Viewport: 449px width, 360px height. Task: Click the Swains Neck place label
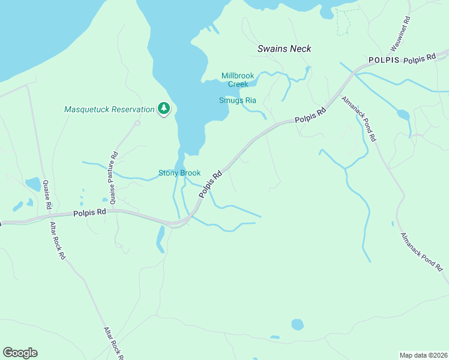284,49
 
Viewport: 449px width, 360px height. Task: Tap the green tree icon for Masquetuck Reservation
163,109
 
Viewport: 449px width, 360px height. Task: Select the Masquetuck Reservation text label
109,109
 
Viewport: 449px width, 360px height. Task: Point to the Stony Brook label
179,173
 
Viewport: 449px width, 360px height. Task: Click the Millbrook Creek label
238,80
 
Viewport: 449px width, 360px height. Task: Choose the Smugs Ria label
237,100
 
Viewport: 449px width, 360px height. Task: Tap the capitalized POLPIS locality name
384,60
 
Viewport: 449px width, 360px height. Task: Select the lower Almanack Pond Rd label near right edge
424,251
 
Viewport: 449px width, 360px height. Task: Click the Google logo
20,353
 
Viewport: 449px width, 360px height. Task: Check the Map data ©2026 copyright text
423,355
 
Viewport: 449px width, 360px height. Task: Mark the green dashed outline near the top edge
343,22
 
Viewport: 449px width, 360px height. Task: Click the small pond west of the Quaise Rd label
33,184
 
